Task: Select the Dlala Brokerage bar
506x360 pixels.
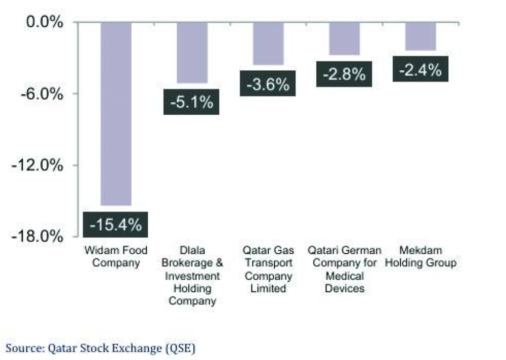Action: [x=192, y=53]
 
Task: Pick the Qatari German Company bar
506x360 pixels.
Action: [x=345, y=38]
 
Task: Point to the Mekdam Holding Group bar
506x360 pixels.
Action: [x=420, y=36]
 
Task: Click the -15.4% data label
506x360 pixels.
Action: [x=115, y=224]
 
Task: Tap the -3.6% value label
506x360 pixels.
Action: [x=268, y=84]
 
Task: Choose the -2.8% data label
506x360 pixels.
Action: [x=344, y=74]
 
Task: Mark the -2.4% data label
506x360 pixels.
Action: [x=420, y=69]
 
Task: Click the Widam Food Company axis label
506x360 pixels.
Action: [x=116, y=256]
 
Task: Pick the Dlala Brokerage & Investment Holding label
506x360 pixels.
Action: [x=192, y=276]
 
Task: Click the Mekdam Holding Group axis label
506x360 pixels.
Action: [x=420, y=256]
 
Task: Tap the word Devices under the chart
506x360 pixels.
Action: [x=345, y=289]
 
